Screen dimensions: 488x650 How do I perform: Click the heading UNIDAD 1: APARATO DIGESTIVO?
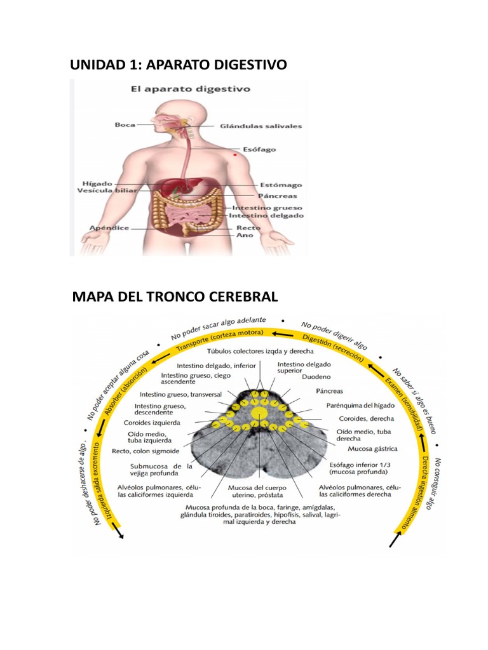178,65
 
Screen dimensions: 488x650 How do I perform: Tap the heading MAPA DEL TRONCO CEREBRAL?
175,296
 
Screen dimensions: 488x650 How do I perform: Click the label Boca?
125,124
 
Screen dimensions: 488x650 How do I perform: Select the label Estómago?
280,185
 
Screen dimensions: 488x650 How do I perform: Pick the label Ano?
245,235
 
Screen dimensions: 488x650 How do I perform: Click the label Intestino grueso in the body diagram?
267,208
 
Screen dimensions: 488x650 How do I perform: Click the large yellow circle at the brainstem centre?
259,413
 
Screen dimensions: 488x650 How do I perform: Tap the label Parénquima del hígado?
360,405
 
